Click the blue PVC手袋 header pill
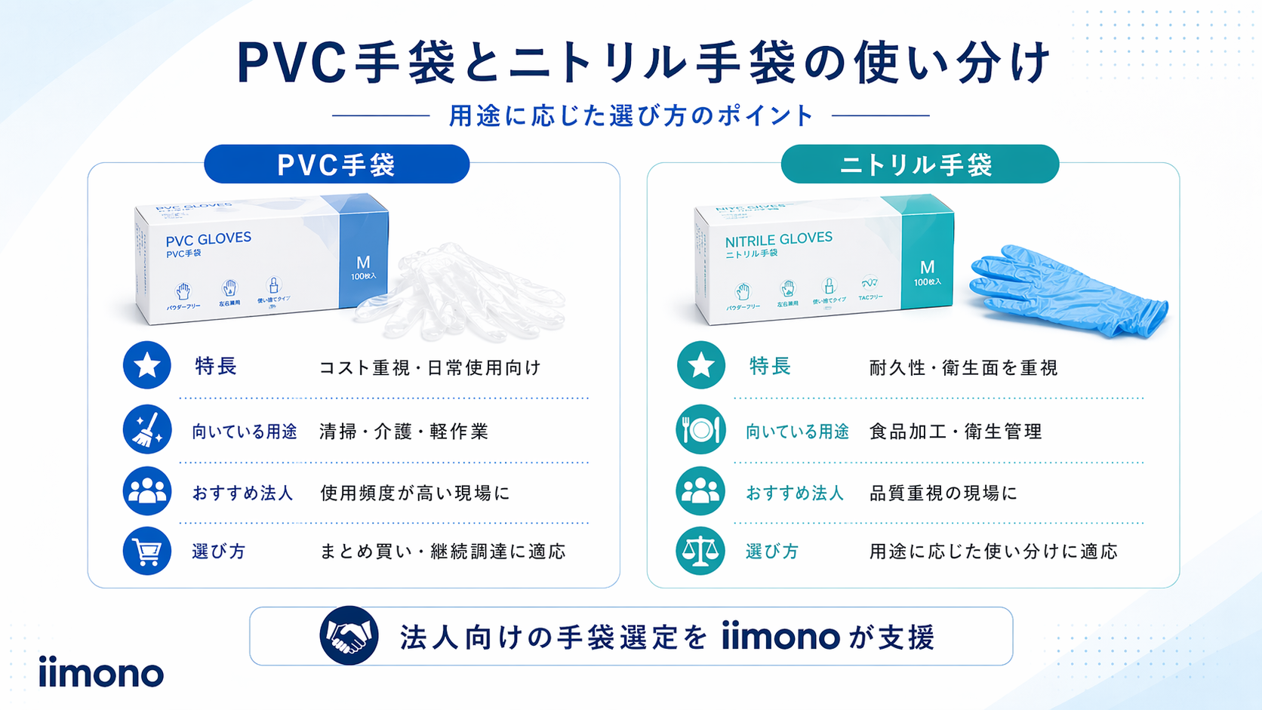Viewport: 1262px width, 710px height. click(337, 164)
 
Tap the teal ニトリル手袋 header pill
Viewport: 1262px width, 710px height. click(919, 164)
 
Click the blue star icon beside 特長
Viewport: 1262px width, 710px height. click(146, 365)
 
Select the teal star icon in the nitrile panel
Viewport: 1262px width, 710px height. click(700, 365)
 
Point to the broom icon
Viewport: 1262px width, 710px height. click(146, 429)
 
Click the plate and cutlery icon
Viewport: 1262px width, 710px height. click(700, 429)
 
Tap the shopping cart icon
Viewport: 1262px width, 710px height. click(146, 552)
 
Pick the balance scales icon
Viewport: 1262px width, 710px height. click(700, 552)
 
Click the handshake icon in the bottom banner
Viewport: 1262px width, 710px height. click(349, 635)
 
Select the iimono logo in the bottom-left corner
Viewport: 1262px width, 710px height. click(101, 672)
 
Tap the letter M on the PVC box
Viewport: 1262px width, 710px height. click(363, 263)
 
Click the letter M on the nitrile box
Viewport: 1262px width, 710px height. click(928, 267)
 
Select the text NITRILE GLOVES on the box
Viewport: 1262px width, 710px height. click(778, 239)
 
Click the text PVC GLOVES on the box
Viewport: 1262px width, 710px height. click(208, 239)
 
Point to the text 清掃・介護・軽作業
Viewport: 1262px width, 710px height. click(404, 432)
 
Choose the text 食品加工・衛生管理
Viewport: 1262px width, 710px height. click(956, 432)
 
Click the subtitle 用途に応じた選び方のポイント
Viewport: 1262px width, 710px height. click(631, 115)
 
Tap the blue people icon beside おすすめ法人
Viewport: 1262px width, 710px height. click(146, 491)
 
